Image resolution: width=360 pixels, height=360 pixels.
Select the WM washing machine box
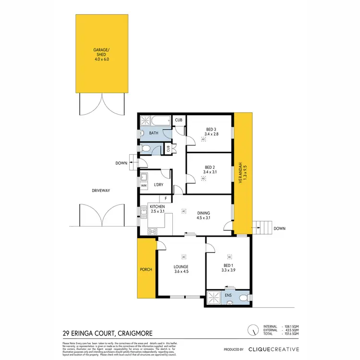144,185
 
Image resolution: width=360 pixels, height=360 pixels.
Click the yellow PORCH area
146,269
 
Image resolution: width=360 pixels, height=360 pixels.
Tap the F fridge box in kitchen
166,198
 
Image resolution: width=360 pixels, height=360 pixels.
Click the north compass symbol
252,330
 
